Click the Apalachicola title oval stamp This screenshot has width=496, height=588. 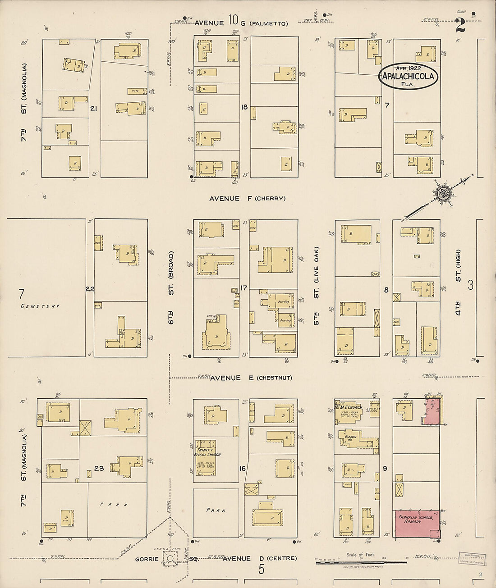pyautogui.click(x=408, y=76)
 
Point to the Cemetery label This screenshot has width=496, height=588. pyautogui.click(x=40, y=306)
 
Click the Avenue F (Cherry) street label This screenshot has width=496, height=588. pyautogui.click(x=247, y=198)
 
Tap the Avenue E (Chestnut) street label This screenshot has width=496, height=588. pyautogui.click(x=251, y=378)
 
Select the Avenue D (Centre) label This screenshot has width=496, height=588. pyautogui.click(x=260, y=559)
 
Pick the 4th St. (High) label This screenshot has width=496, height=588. pyautogui.click(x=458, y=282)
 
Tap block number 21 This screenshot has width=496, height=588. pyautogui.click(x=94, y=109)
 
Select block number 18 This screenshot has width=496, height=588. pyautogui.click(x=244, y=107)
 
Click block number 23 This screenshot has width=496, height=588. pyautogui.click(x=99, y=469)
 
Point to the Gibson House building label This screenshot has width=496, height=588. pyautogui.click(x=351, y=437)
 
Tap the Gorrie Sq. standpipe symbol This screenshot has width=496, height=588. pyautogui.click(x=170, y=559)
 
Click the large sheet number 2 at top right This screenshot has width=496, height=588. pyautogui.click(x=460, y=26)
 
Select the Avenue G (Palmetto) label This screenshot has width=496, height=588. pyautogui.click(x=241, y=23)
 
